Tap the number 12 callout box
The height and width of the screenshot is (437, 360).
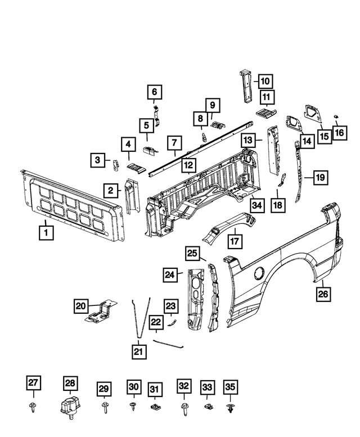188,165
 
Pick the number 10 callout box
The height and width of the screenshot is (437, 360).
264,80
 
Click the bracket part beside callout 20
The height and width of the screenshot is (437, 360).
101,313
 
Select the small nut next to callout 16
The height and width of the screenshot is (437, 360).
336,117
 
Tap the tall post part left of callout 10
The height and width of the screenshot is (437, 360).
245,85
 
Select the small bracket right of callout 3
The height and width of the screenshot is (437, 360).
116,165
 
